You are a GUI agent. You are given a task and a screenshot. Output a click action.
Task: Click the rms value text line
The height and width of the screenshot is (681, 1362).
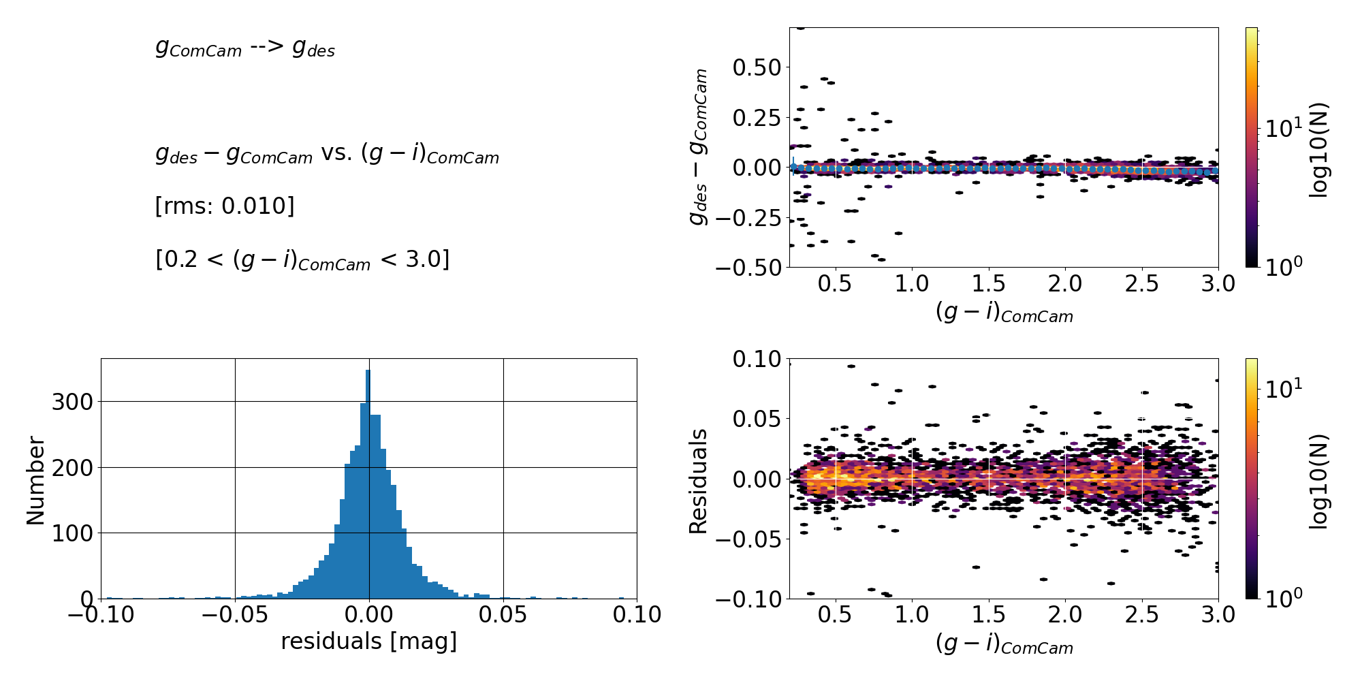(x=225, y=206)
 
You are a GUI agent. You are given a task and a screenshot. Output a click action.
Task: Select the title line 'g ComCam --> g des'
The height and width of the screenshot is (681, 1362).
(x=245, y=48)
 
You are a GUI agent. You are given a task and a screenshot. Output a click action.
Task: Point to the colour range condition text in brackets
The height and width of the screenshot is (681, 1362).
(x=302, y=260)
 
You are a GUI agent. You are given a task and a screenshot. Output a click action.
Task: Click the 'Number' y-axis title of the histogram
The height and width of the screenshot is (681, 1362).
(x=35, y=481)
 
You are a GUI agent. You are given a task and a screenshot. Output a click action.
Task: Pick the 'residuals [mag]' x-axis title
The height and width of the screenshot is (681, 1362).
(x=368, y=642)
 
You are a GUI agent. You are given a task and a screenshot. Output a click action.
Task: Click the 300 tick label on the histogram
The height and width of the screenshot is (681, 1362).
(x=72, y=402)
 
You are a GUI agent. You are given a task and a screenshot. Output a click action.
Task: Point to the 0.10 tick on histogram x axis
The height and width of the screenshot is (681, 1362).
(x=637, y=615)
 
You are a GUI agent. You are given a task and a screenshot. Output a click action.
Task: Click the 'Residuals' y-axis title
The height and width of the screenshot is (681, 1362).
(x=699, y=481)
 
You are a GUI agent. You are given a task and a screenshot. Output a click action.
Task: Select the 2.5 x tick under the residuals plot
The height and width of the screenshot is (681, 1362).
(x=1142, y=615)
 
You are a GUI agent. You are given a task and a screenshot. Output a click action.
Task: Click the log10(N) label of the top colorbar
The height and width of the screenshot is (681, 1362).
(x=1318, y=150)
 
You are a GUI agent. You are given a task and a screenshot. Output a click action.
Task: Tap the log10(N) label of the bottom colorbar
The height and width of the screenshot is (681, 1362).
(x=1318, y=481)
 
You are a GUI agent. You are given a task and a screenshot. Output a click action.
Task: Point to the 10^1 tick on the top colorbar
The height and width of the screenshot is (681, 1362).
(x=1283, y=127)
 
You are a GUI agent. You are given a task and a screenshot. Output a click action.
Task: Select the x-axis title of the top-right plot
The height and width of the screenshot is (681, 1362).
(x=1004, y=313)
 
